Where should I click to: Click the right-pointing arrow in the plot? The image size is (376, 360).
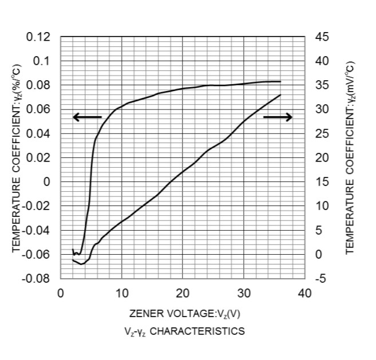(278, 117)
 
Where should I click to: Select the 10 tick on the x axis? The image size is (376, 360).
(121, 294)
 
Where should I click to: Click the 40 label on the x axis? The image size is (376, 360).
(304, 294)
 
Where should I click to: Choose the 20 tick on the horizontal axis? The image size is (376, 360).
(183, 294)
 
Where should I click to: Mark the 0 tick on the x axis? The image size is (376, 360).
(61, 294)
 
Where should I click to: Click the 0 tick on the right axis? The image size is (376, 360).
(318, 255)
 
